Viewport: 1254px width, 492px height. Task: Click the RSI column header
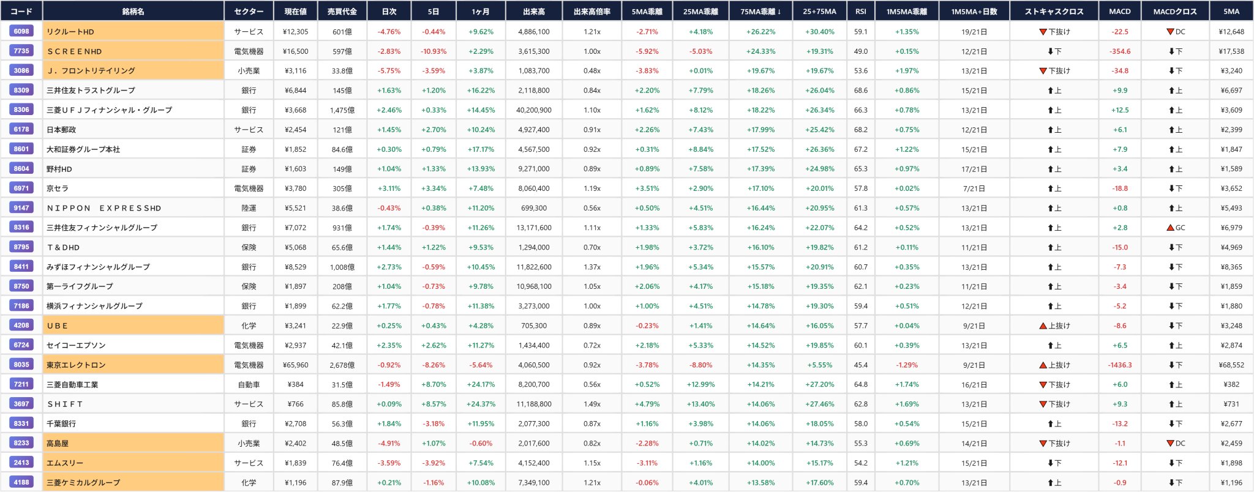click(x=860, y=12)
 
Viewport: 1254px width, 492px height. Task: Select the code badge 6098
click(x=21, y=31)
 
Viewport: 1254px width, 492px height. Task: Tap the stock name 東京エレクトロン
click(x=76, y=365)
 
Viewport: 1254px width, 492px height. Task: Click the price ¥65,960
click(x=295, y=365)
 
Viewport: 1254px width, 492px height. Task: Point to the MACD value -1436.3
click(x=1120, y=365)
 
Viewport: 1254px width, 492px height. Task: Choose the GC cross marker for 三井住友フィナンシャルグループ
click(x=1176, y=228)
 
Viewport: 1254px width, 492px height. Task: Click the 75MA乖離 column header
click(x=760, y=12)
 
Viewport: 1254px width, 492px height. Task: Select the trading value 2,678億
click(x=342, y=365)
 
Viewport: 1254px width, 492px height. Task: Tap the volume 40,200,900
click(x=534, y=110)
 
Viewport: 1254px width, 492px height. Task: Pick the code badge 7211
click(x=21, y=384)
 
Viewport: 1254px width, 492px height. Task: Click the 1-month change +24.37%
click(x=481, y=404)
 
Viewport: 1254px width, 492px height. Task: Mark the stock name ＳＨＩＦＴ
click(x=65, y=404)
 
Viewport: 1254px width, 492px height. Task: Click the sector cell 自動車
click(x=249, y=384)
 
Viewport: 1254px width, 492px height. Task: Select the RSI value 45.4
click(x=860, y=365)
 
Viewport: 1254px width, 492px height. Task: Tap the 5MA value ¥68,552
click(x=1231, y=365)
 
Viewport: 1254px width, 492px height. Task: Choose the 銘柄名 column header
click(x=133, y=12)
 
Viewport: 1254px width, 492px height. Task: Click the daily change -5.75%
click(x=389, y=71)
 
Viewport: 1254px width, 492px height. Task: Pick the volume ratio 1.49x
click(x=592, y=404)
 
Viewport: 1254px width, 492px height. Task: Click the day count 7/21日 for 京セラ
click(x=974, y=188)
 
